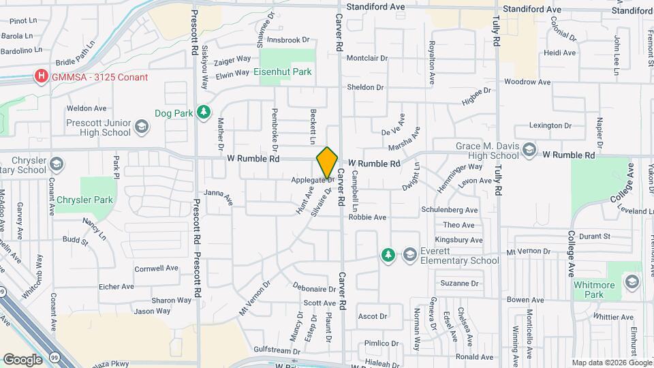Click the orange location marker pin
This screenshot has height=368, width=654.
click(327, 162)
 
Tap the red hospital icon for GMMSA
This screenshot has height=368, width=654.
click(42, 76)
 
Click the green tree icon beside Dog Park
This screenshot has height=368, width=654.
click(202, 112)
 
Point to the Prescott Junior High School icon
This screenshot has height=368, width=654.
click(141, 127)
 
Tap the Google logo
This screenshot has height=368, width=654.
click(22, 359)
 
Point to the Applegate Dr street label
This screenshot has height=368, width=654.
click(311, 181)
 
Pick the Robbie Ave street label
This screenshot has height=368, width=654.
click(367, 217)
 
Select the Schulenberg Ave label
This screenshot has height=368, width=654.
click(450, 210)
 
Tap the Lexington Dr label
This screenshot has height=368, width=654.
click(550, 125)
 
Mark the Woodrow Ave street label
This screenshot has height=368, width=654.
click(527, 82)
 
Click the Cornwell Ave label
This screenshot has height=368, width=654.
click(157, 269)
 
